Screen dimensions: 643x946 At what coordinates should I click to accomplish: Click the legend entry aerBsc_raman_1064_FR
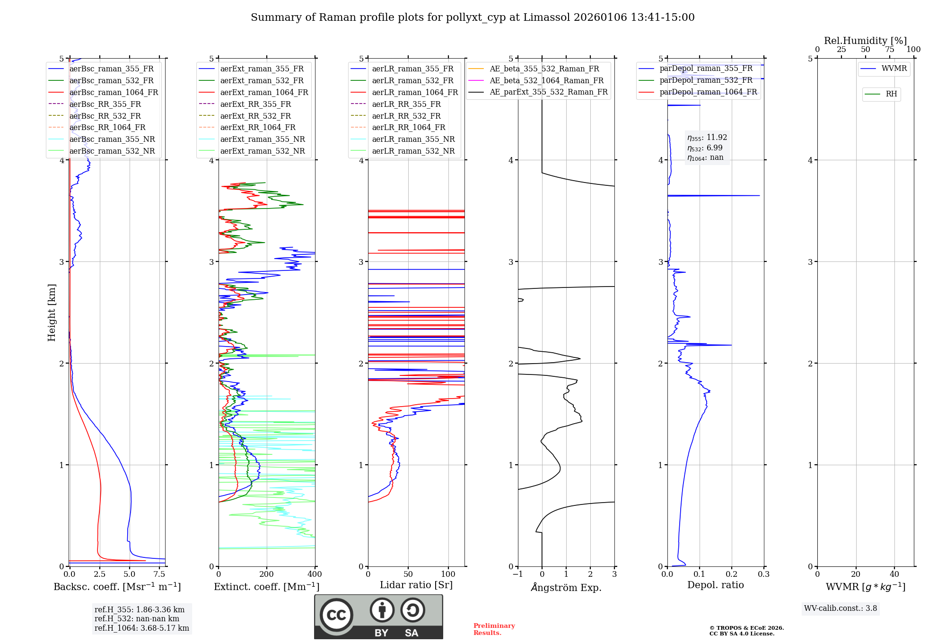click(x=114, y=93)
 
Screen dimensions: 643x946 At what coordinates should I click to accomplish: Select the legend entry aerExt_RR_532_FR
click(x=255, y=116)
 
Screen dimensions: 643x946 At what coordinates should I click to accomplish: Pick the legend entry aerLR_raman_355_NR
click(x=413, y=139)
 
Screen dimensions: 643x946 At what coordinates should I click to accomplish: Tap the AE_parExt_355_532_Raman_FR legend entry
click(x=548, y=92)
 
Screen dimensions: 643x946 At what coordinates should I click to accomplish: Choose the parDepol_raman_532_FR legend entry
click(x=706, y=80)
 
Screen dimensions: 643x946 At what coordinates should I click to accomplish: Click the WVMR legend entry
click(x=894, y=69)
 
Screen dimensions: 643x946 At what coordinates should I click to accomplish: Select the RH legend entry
click(x=891, y=94)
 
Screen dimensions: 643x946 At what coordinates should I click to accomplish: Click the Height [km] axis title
click(x=52, y=313)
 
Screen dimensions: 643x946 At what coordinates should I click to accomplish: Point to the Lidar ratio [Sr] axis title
click(x=416, y=585)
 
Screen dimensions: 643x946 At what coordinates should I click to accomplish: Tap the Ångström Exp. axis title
click(x=566, y=588)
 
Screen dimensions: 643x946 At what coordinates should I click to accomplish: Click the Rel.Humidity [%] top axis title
click(x=865, y=41)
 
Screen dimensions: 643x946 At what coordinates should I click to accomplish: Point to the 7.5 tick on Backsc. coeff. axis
click(x=159, y=574)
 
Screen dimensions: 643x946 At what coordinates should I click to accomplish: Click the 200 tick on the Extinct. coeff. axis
click(x=267, y=574)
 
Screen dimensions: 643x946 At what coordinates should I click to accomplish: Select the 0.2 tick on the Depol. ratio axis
click(x=732, y=574)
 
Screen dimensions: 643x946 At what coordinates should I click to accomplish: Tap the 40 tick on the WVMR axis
click(x=894, y=574)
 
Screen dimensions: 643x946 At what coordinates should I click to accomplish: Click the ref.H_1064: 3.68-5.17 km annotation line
click(x=141, y=628)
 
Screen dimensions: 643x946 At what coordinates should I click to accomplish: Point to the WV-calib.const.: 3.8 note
click(x=841, y=608)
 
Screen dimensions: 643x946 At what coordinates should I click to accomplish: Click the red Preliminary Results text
click(x=494, y=629)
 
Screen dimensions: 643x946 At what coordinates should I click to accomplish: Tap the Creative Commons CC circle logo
click(x=336, y=615)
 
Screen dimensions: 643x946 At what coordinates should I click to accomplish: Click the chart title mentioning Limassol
click(x=473, y=17)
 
